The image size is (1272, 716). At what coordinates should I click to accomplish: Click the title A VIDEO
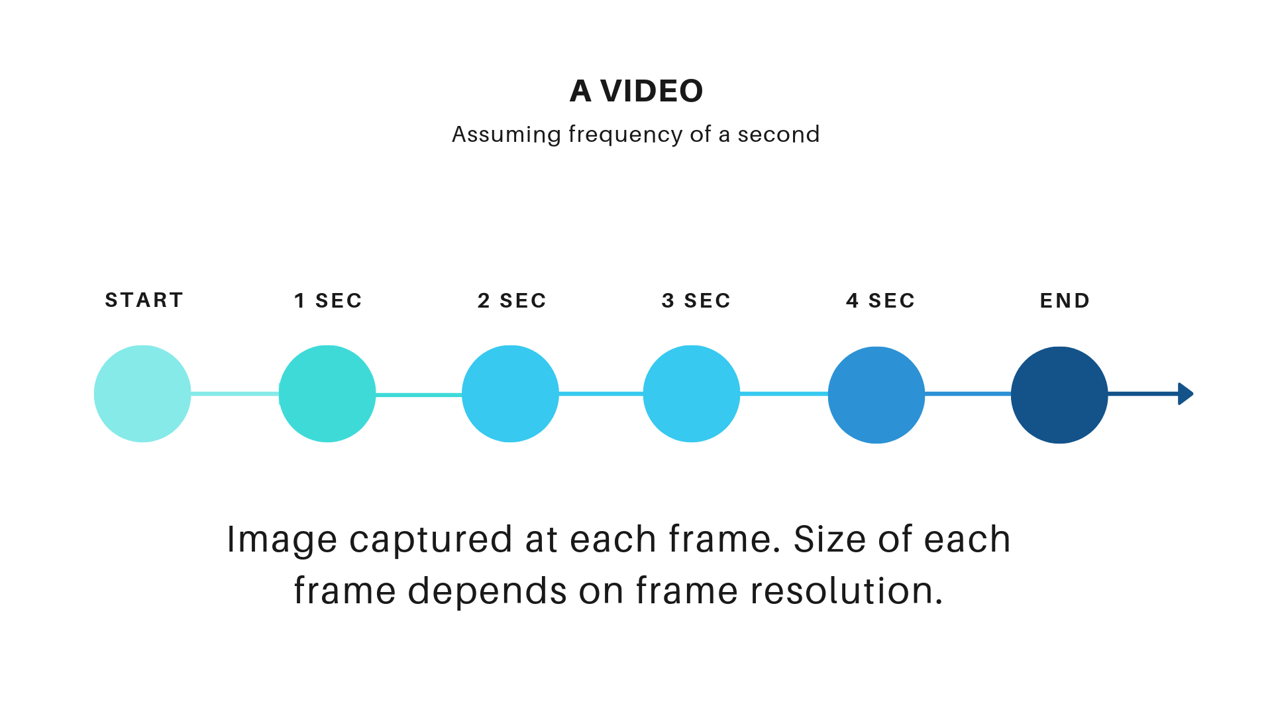tap(636, 91)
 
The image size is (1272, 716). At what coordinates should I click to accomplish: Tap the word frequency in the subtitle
tap(626, 135)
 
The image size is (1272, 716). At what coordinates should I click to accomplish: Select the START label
tap(144, 300)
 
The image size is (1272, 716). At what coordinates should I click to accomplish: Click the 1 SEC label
tap(328, 301)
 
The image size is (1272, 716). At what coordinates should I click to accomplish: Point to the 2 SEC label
tap(511, 301)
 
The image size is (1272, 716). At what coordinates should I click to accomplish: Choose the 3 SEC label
tap(696, 301)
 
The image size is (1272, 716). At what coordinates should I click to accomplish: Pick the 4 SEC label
tap(880, 301)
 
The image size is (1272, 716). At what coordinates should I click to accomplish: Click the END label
tap(1065, 301)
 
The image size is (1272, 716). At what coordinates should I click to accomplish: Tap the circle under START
tap(142, 394)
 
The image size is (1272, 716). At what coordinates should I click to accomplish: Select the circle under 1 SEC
tap(327, 394)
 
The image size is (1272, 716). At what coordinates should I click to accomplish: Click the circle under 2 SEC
tap(510, 394)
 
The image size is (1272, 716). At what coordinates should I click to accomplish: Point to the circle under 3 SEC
tap(692, 394)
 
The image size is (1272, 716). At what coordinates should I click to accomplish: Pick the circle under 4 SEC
tap(876, 395)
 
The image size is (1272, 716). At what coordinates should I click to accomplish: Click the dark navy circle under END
tap(1059, 395)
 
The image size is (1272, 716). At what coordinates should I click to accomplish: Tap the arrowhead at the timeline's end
tap(1185, 394)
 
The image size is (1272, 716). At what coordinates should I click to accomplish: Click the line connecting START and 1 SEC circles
tap(235, 394)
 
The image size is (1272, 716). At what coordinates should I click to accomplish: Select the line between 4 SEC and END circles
tap(968, 394)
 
